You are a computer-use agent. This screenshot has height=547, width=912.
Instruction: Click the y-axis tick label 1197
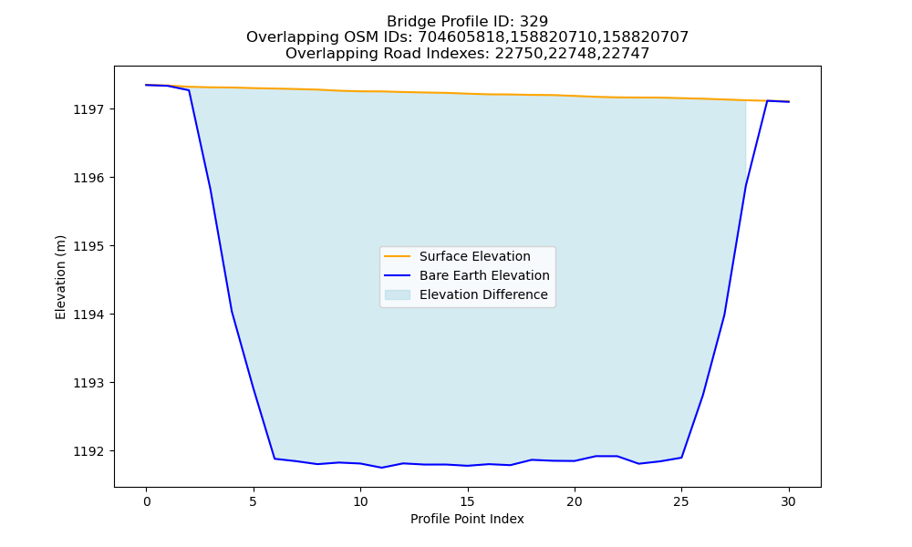coord(88,109)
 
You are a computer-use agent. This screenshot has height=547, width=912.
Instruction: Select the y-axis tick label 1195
coord(88,246)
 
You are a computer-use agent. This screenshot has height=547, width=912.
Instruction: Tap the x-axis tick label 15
coord(467,501)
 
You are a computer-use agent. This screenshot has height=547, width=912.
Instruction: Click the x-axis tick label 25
coord(681,501)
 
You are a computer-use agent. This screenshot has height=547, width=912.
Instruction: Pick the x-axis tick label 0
coord(146,501)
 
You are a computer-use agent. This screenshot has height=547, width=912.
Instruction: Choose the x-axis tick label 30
coord(788,501)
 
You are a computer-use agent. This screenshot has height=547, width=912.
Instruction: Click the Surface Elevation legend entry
coord(474,256)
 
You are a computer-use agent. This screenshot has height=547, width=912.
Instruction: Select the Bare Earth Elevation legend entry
coord(484,275)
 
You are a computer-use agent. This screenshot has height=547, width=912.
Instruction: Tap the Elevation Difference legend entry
coord(483,294)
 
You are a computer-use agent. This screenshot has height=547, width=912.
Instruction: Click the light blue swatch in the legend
coord(398,294)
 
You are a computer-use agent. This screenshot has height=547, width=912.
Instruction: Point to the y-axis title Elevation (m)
coord(60,277)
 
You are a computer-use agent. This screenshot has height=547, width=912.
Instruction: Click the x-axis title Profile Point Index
coord(467,519)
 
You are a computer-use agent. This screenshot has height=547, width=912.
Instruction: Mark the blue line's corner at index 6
coord(275,459)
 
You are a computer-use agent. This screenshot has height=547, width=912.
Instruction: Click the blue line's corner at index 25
coord(681,458)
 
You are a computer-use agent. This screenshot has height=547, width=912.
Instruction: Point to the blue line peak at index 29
coord(767,100)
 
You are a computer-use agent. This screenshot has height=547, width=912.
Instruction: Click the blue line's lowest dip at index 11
coord(381,468)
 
